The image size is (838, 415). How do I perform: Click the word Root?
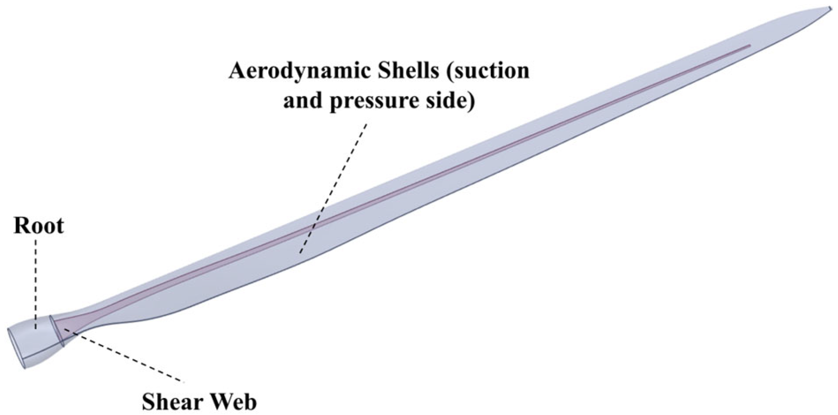pyautogui.click(x=38, y=226)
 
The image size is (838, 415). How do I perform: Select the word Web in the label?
pyautogui.click(x=233, y=401)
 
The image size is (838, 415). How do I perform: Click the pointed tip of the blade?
pyautogui.click(x=830, y=8)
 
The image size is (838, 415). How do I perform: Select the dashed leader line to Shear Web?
pyautogui.click(x=127, y=356)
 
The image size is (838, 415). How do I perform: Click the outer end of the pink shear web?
pyautogui.click(x=750, y=45)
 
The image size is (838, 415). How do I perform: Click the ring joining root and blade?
pyautogui.click(x=57, y=331)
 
